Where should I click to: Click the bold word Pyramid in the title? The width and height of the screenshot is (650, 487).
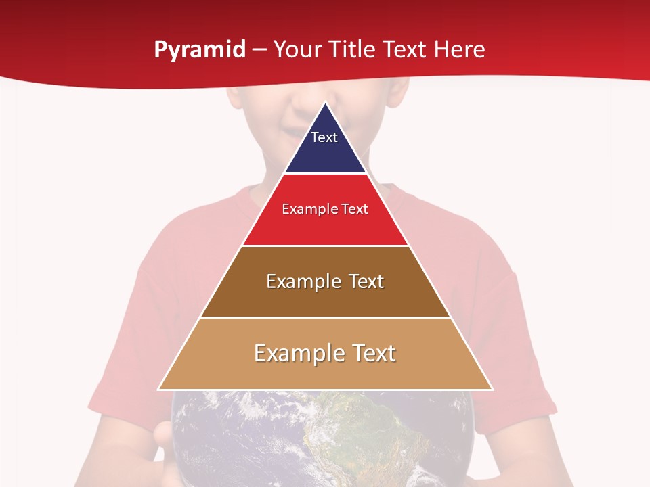200,50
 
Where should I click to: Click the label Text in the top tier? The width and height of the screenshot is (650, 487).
324,137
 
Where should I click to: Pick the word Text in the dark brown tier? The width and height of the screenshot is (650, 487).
366,281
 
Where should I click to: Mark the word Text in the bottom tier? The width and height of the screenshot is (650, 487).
373,353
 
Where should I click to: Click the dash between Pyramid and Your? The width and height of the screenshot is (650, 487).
259,50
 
